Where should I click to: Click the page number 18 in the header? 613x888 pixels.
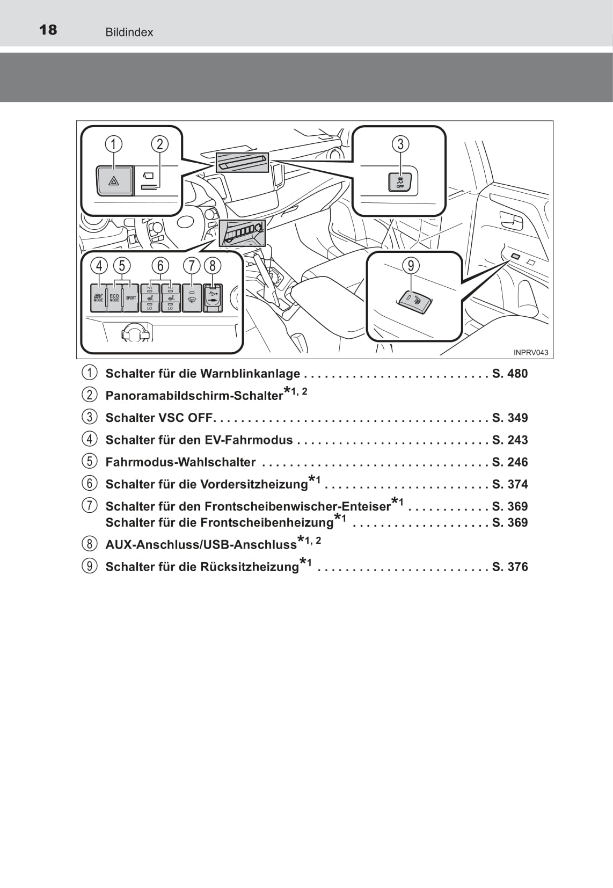48,30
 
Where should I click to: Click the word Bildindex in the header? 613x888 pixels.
129,32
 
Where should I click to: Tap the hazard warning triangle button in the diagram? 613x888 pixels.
114,181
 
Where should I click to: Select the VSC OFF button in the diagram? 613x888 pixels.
400,182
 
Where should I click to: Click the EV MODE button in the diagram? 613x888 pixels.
98,298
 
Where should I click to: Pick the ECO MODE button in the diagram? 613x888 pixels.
114,298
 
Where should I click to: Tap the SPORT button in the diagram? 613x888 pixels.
131,298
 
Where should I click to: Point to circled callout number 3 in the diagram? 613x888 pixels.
400,144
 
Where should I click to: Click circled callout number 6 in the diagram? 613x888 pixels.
160,266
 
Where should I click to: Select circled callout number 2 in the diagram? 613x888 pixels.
159,144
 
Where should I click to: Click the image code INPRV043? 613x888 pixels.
531,352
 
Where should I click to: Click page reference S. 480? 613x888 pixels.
510,374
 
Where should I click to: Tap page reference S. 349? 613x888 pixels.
510,418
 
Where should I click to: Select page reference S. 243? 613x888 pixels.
510,440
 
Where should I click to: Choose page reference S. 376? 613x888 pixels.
510,567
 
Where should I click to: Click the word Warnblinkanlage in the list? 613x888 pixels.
250,374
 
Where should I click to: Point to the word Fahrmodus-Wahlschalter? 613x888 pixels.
180,462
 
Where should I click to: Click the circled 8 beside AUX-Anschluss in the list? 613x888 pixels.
90,544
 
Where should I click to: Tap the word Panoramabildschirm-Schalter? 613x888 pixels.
194,396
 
